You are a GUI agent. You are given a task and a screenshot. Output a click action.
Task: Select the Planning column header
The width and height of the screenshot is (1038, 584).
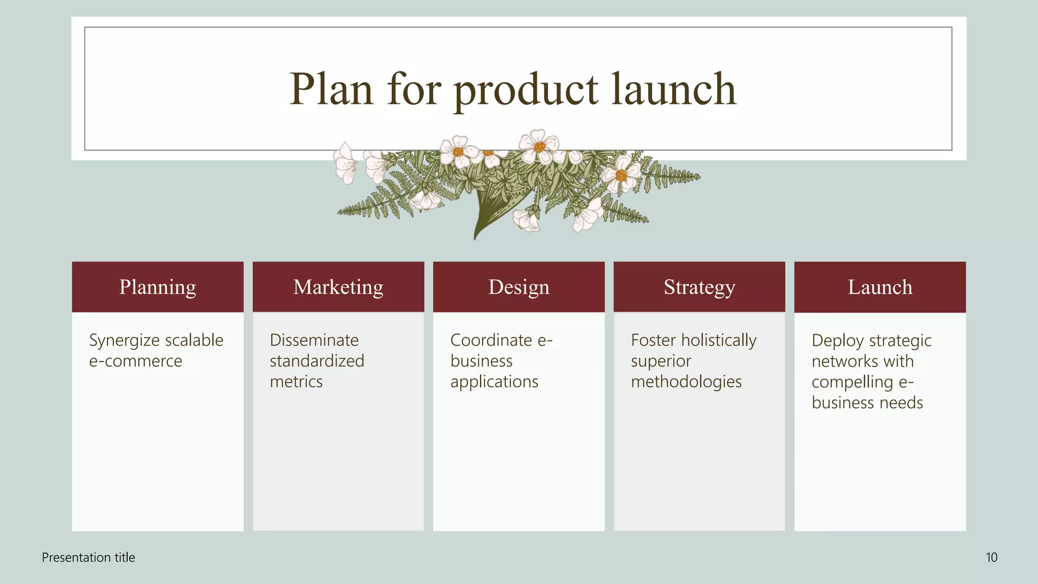(158, 287)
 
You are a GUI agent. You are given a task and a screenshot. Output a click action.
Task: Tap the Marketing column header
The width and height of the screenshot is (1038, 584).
(338, 287)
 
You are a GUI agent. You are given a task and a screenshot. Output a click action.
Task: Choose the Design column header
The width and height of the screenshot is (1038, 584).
(518, 287)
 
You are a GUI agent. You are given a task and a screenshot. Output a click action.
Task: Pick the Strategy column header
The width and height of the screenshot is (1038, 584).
(699, 287)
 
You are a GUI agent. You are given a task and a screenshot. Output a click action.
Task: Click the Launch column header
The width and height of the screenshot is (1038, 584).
(880, 287)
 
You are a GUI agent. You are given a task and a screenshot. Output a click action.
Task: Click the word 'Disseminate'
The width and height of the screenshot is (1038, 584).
(314, 340)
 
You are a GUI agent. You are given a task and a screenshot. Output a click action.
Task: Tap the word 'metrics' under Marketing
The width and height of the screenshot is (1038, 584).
(296, 382)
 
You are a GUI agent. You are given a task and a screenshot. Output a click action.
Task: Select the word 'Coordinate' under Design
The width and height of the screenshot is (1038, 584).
(484, 340)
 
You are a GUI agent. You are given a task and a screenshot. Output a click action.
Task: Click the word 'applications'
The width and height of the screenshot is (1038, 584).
(494, 382)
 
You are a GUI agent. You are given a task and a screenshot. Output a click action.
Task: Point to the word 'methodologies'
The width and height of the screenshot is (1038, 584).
(686, 382)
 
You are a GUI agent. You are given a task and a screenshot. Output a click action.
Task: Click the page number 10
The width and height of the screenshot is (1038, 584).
(991, 558)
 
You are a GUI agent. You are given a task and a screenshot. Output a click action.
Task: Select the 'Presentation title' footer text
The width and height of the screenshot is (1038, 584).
(88, 558)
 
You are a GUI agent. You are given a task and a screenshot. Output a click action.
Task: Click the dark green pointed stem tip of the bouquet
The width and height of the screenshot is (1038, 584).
(475, 236)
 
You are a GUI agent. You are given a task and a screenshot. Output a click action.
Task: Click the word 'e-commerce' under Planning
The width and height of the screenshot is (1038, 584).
(135, 361)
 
